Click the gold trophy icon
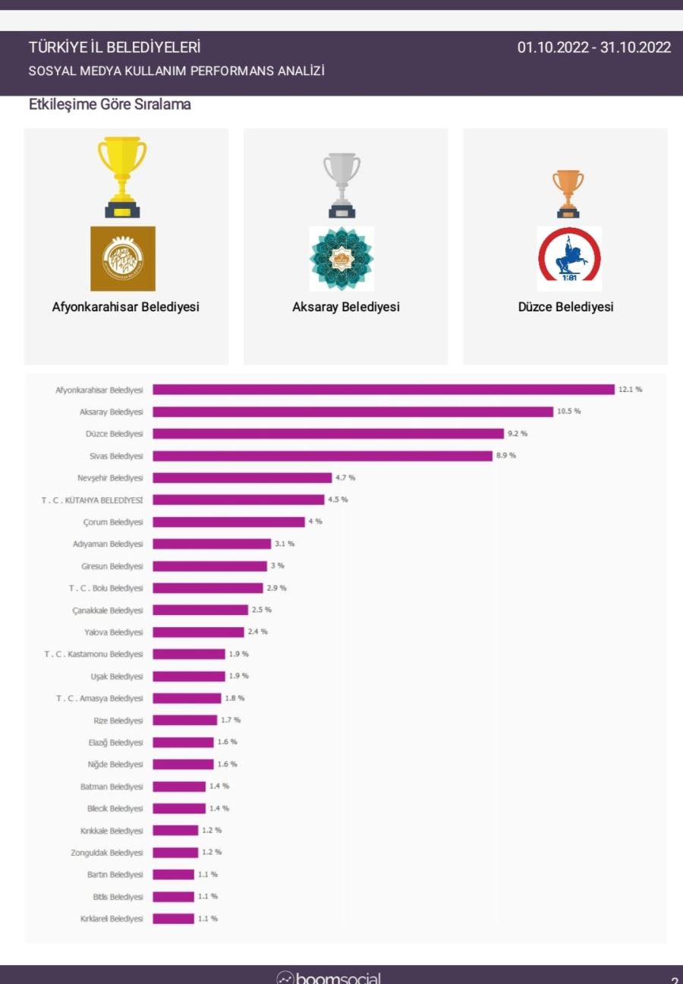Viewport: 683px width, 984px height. pos(122,176)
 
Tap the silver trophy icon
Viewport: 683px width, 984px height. pos(341,184)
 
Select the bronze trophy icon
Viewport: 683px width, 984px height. pos(568,193)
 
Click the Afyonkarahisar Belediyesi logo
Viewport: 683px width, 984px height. pos(123,258)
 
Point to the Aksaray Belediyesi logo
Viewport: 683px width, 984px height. pos(341,258)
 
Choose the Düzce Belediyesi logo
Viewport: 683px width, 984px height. pos(569,258)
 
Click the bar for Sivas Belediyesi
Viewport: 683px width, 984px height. pos(323,456)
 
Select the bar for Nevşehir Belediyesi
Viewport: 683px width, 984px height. pos(242,478)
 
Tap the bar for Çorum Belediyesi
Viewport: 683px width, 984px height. pos(228,522)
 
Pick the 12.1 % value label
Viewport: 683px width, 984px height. pos(631,389)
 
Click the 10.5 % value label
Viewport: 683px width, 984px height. pos(569,412)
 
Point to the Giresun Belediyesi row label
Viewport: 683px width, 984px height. pos(112,566)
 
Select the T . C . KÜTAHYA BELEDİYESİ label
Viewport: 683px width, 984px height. pos(92,500)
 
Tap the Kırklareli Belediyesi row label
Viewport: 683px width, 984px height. pos(111,919)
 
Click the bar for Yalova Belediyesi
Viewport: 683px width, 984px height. pos(198,632)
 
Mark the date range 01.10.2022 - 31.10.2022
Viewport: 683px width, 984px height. pos(594,48)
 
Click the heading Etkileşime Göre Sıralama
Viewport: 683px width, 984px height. pos(110,105)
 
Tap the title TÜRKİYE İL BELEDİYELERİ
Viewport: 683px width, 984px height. pos(115,48)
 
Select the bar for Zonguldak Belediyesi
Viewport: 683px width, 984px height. pos(175,853)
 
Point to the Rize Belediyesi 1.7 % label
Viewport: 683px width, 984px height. pos(231,720)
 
